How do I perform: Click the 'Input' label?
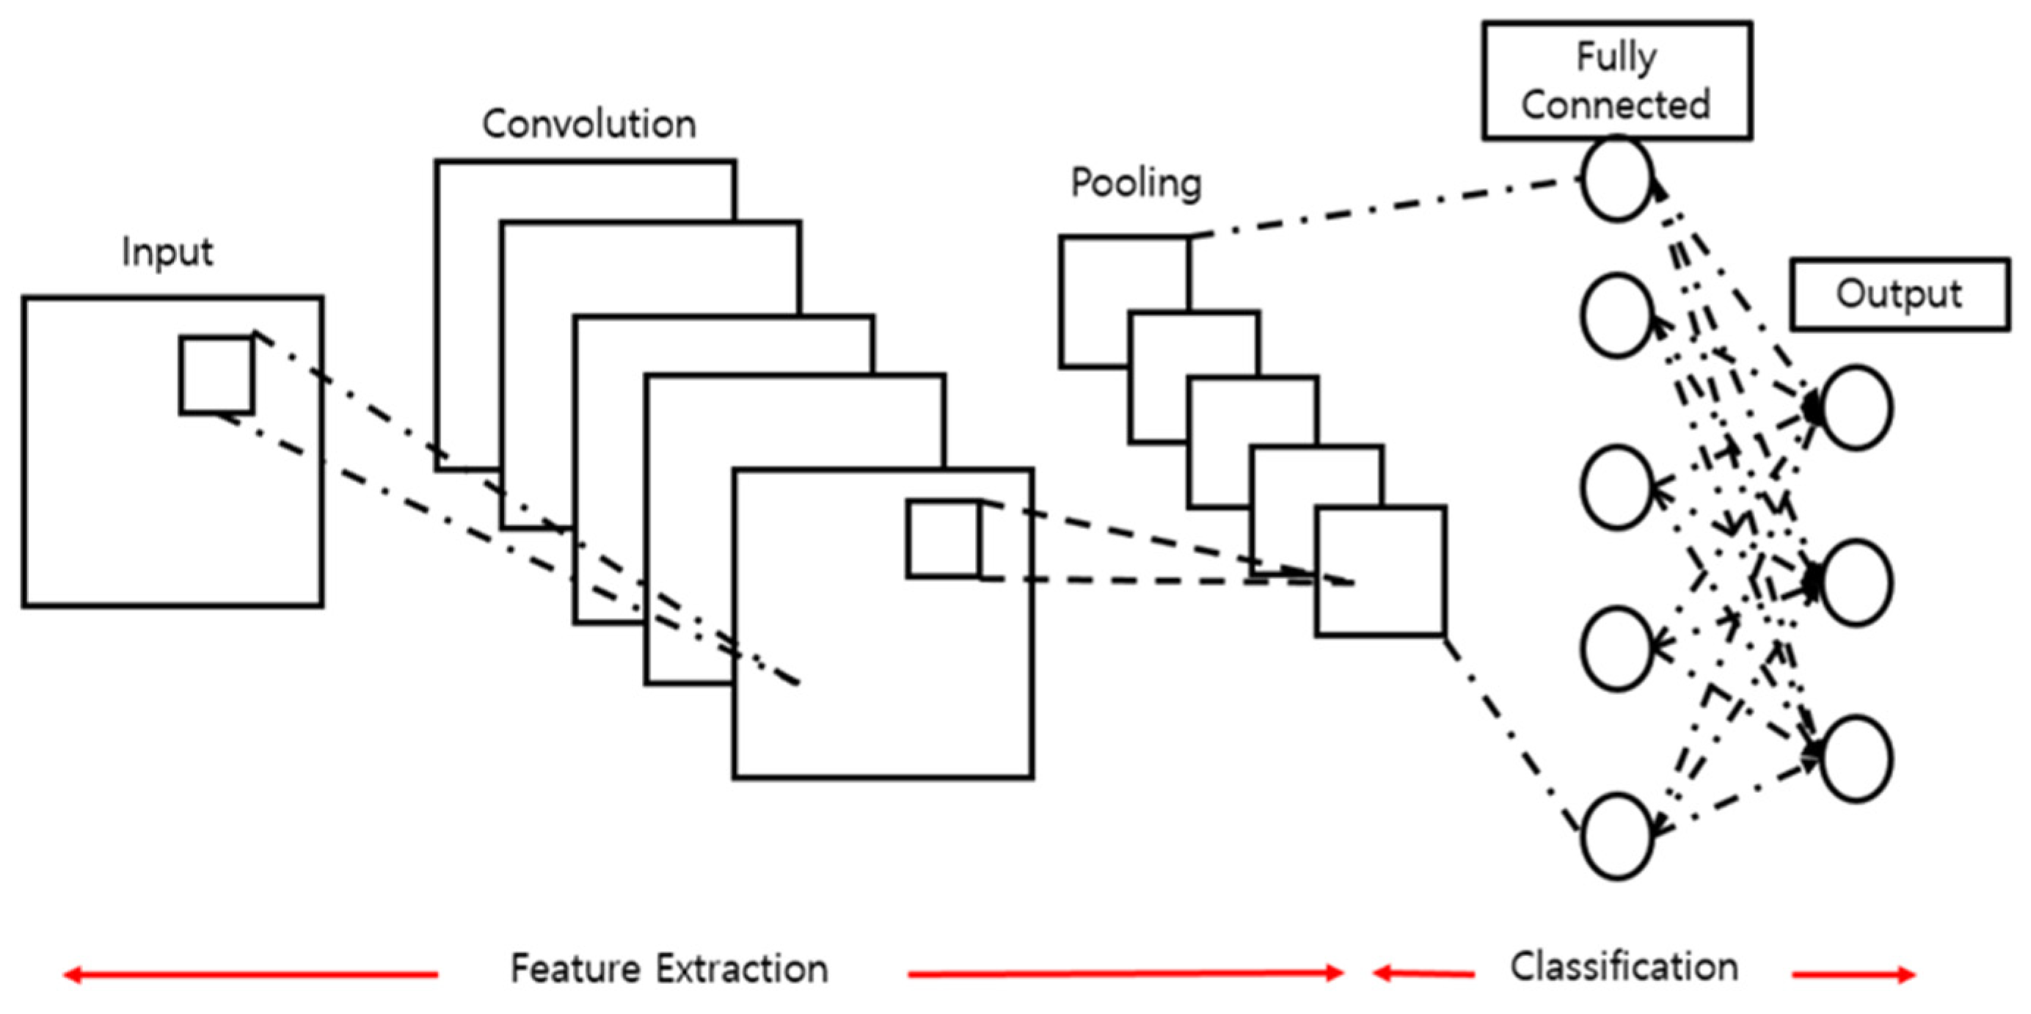click(167, 253)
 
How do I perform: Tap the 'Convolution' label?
click(589, 125)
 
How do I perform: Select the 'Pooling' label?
click(1136, 183)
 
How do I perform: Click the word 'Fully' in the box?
click(1616, 56)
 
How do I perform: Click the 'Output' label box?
click(1900, 294)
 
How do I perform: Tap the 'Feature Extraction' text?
click(669, 969)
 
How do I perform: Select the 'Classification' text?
click(1625, 967)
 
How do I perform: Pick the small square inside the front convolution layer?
click(944, 539)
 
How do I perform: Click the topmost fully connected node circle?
click(1616, 178)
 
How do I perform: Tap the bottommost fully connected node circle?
click(1616, 836)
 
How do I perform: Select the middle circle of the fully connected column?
click(1616, 486)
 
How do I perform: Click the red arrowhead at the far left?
click(73, 975)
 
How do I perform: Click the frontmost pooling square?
click(1379, 571)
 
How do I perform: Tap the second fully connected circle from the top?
click(1616, 315)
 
